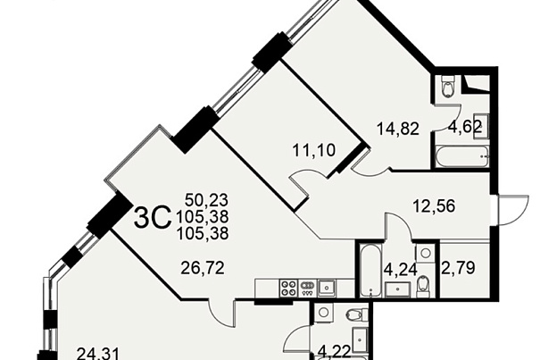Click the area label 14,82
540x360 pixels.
(x=398, y=130)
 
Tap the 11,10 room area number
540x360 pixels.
(x=314, y=150)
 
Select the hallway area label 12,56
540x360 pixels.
(x=434, y=206)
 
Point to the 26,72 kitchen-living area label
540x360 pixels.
(x=203, y=268)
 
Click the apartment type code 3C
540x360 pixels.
(x=153, y=218)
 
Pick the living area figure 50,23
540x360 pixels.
(x=207, y=200)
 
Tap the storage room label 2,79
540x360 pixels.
(x=459, y=268)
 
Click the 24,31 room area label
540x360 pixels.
(x=98, y=354)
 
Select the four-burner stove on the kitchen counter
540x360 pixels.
(x=289, y=288)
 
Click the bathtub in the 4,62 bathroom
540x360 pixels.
(x=461, y=157)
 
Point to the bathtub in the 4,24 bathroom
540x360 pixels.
(x=370, y=270)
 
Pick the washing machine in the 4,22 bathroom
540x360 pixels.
(x=323, y=313)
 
